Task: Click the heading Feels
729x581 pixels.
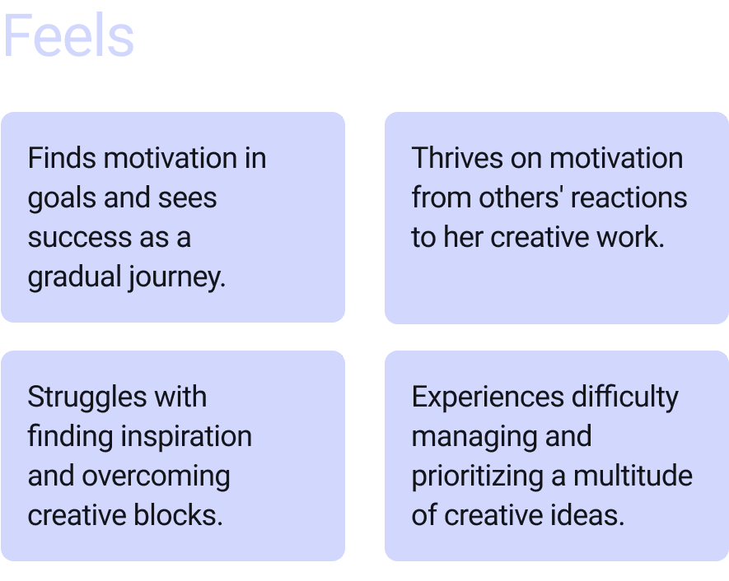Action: [68, 37]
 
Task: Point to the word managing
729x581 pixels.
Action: [462, 437]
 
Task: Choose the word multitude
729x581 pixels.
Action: [633, 476]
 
